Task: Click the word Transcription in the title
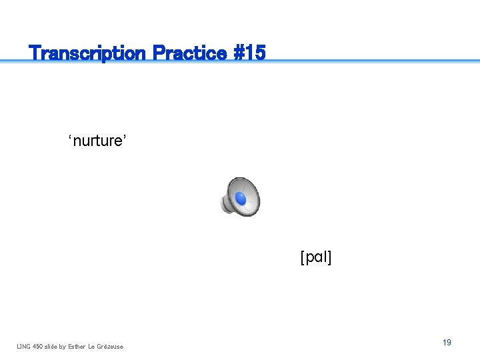click(87, 53)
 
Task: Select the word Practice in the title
click(189, 53)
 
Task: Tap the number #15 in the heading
click(249, 53)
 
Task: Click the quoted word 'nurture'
click(97, 141)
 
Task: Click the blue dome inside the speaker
click(241, 198)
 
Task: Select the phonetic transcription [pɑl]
click(316, 257)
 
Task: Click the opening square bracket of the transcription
click(303, 257)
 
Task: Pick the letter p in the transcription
click(309, 259)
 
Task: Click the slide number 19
click(447, 342)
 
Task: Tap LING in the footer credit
click(24, 346)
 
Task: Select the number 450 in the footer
click(39, 346)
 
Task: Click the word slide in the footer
click(53, 346)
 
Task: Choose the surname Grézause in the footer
click(111, 346)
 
